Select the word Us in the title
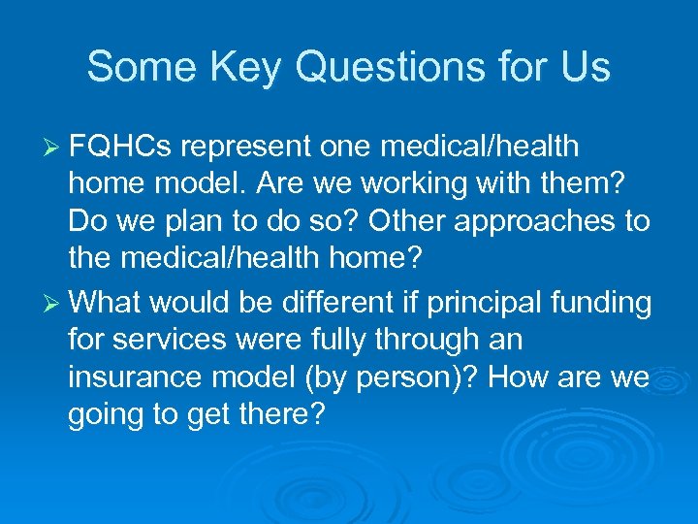point(584,68)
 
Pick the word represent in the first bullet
point(244,147)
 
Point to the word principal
point(473,302)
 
